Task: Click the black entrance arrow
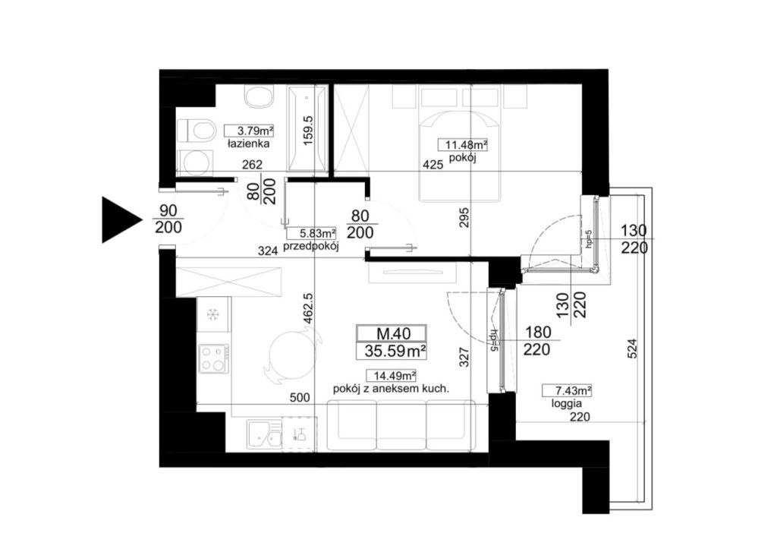119,219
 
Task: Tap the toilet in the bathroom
197,131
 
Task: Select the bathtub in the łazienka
307,130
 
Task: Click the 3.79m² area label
249,131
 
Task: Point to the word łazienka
249,144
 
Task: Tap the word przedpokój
310,247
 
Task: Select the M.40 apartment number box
392,333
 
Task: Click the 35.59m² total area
395,352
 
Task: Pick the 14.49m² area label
391,376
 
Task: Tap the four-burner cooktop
214,359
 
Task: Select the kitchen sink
264,435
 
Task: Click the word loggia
566,404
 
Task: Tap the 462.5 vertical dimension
308,309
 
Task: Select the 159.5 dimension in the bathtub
308,131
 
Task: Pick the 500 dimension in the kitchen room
299,397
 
